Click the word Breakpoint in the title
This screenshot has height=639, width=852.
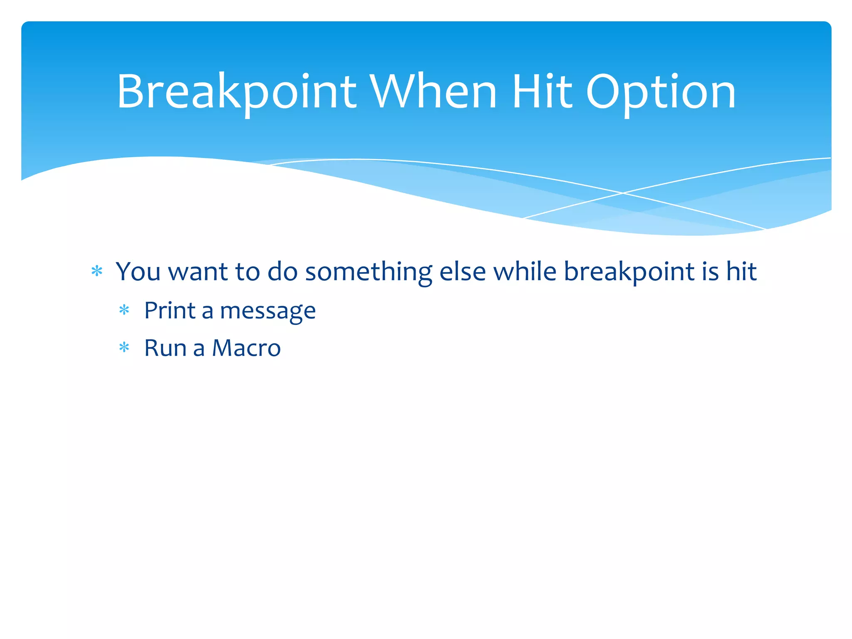pos(236,92)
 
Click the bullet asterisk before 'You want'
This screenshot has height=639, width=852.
pos(97,271)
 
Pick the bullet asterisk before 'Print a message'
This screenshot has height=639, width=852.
pos(124,310)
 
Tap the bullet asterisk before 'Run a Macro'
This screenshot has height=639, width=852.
pos(124,347)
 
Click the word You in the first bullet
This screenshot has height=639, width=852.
pos(138,271)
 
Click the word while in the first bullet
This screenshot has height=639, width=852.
pos(525,271)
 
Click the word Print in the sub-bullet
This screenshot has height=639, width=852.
pos(170,310)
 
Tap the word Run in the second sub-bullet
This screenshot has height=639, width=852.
pos(165,348)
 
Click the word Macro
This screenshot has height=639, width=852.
pos(246,348)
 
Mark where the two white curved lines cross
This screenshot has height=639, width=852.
pos(623,193)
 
